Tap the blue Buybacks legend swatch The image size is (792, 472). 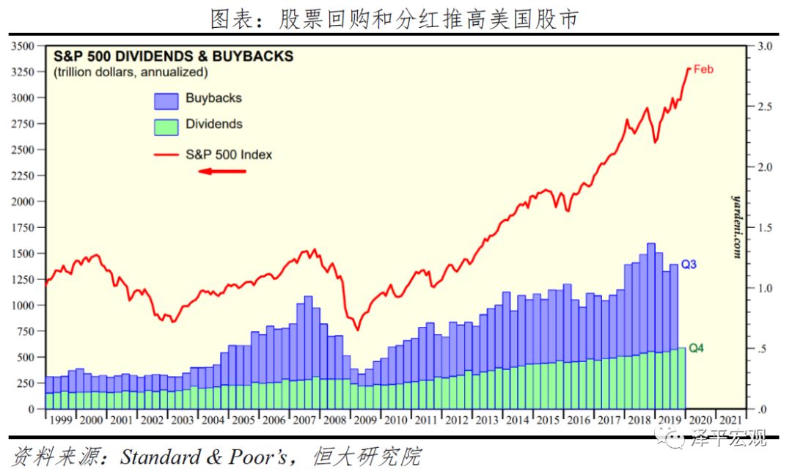coord(166,101)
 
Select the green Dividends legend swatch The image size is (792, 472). coord(166,126)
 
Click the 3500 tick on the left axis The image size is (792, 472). coord(23,46)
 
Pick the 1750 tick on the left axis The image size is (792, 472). coord(23,227)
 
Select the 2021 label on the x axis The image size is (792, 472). coord(730,420)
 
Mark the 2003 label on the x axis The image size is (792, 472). coord(182,420)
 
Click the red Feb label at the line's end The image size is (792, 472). coord(703,70)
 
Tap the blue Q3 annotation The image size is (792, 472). coord(689,265)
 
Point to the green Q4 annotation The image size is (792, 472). coord(695,348)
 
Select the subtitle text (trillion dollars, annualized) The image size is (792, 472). coord(131,73)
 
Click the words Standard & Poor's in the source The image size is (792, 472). coord(207,457)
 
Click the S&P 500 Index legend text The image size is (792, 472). coord(229,155)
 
